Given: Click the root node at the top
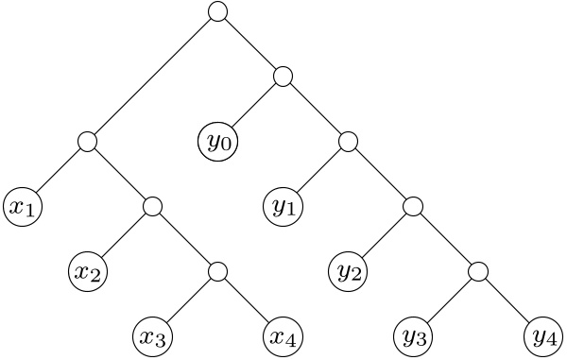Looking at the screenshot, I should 218,11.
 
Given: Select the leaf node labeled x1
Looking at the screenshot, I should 23,207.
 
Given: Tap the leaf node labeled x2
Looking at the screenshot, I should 88,272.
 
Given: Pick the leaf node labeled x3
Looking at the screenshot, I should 153,337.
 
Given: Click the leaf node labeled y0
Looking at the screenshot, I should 218,142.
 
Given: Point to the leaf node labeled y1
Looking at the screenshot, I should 283,207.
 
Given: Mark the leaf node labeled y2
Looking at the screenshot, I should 349,272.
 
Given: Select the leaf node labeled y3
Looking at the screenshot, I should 414,337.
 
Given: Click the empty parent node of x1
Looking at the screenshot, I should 88,142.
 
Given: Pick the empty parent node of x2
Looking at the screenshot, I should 153,207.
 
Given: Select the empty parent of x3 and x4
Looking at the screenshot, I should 218,272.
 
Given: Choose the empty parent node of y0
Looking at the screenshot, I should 283,77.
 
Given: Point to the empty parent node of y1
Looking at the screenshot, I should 349,142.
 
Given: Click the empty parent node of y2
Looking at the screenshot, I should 414,207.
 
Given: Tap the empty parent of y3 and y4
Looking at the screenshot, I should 479,272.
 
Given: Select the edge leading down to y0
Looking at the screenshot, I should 253,107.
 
